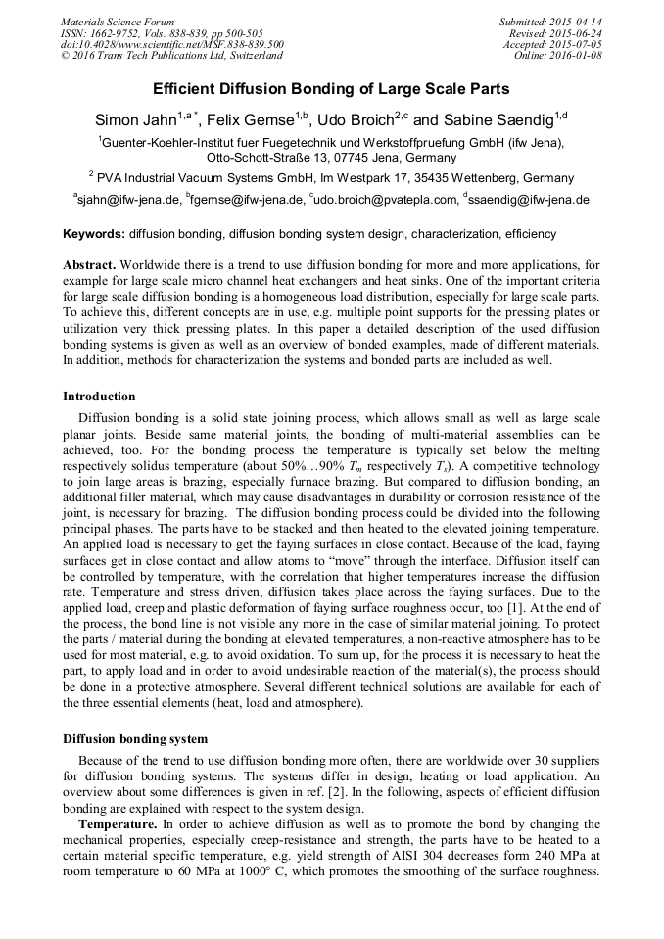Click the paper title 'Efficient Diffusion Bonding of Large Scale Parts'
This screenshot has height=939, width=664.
(x=331, y=89)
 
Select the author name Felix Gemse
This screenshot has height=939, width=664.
(x=252, y=120)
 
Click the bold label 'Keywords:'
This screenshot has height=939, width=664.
(x=93, y=234)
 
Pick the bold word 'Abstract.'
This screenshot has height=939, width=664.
(x=90, y=265)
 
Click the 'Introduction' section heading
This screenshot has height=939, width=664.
(x=99, y=397)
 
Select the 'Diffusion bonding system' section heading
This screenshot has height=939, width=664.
(x=132, y=738)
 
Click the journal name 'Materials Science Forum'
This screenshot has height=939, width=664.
(x=118, y=22)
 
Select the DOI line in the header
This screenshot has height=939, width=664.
(x=172, y=44)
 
